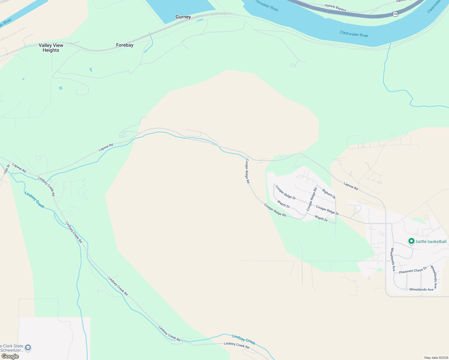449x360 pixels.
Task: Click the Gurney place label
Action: (183, 17)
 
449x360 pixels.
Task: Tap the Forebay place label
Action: (125, 45)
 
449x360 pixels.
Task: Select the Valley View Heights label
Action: (51, 48)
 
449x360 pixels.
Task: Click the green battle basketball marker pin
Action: (411, 241)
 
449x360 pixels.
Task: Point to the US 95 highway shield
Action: (396, 14)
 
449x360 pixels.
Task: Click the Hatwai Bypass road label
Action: (335, 8)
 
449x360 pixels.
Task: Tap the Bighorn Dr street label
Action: (329, 193)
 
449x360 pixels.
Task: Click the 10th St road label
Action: (7, 169)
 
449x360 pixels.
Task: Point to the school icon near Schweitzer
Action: (28, 348)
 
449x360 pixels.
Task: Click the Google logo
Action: (10, 356)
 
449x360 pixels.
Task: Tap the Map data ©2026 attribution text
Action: (436, 358)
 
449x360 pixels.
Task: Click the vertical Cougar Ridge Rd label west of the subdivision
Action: (247, 171)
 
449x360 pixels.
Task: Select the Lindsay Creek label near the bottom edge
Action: (243, 340)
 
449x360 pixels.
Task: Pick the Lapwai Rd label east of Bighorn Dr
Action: (351, 186)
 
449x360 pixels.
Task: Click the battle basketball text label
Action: (431, 241)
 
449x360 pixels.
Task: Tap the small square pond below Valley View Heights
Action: (61, 88)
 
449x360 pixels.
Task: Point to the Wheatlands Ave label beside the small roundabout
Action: (421, 289)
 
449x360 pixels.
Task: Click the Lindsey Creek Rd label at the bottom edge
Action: (237, 345)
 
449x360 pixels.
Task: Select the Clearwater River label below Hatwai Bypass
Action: (354, 34)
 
